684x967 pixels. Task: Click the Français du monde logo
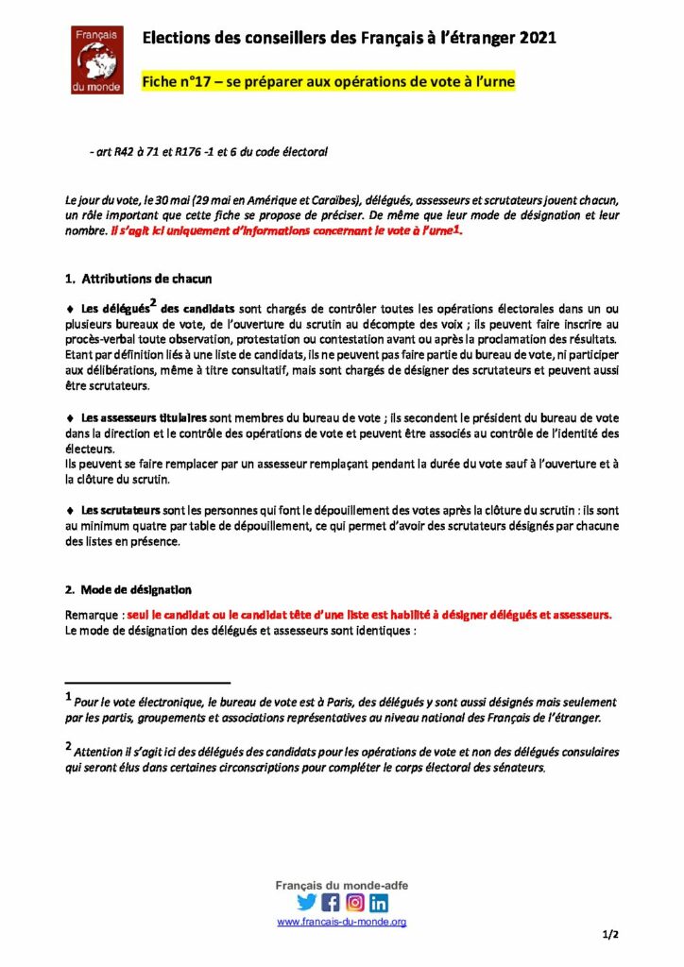coord(97,59)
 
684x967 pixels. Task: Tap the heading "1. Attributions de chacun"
coord(139,280)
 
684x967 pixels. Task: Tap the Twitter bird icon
coord(306,902)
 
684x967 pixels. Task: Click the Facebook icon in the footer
coord(331,902)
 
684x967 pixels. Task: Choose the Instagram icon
coord(355,902)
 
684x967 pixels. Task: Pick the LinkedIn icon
coord(379,902)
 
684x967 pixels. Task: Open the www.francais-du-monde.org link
coord(341,922)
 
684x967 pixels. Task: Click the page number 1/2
coord(609,935)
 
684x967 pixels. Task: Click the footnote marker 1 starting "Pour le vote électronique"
coord(69,699)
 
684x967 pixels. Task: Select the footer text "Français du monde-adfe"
coord(341,885)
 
